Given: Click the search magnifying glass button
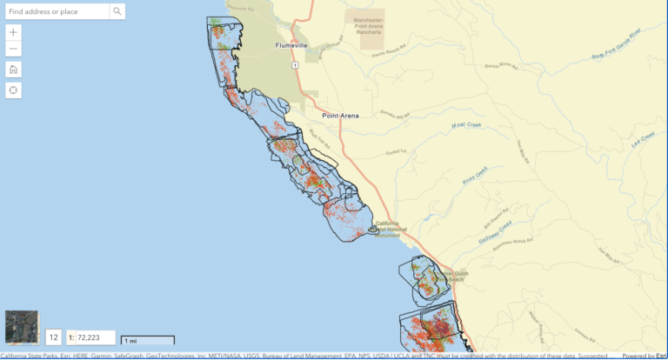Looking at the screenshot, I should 117,11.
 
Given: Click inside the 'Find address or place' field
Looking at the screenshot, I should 57,11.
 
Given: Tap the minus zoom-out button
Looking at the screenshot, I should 14,49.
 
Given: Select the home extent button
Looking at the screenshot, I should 14,70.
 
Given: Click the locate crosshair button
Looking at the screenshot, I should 14,90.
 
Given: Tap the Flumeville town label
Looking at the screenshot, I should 275,45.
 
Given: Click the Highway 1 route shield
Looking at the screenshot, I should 295,65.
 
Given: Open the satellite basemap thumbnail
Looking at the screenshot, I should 22,327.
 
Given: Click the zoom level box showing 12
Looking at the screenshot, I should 54,337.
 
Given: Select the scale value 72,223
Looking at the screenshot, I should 91,337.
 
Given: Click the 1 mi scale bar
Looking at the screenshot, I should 148,340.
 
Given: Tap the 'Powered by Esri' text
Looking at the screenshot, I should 644,355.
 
